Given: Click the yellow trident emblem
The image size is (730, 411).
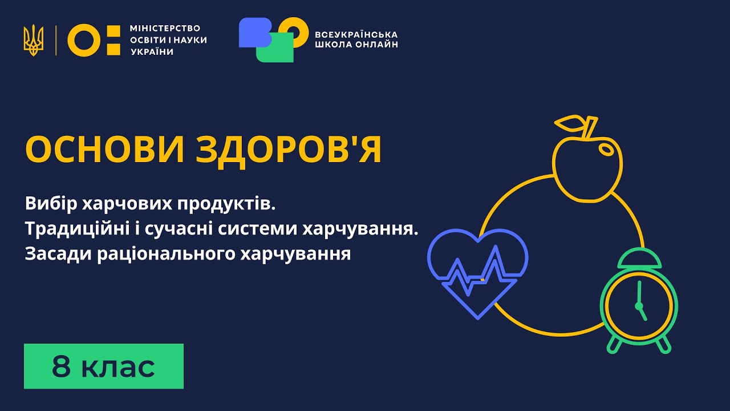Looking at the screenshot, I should coord(34,40).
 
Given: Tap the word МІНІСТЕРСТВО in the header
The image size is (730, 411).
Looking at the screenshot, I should coord(165,28).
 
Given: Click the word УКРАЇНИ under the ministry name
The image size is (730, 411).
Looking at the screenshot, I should coord(152,51).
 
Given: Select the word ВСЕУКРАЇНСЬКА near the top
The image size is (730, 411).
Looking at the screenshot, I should coord(356,34).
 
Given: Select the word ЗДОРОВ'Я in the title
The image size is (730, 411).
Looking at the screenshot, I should coord(289,150).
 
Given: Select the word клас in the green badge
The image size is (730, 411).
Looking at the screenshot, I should coord(118,366).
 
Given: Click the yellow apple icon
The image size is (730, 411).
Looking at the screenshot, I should coord(586,166).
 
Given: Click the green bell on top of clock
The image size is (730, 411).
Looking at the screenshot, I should coord(639,259).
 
